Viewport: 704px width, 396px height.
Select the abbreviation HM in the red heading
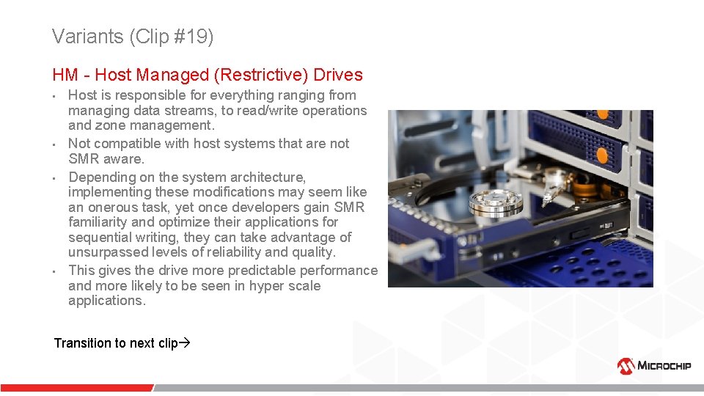pyautogui.click(x=66, y=75)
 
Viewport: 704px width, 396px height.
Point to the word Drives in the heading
pyautogui.click(x=338, y=75)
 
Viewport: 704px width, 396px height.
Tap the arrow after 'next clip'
pyautogui.click(x=185, y=343)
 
